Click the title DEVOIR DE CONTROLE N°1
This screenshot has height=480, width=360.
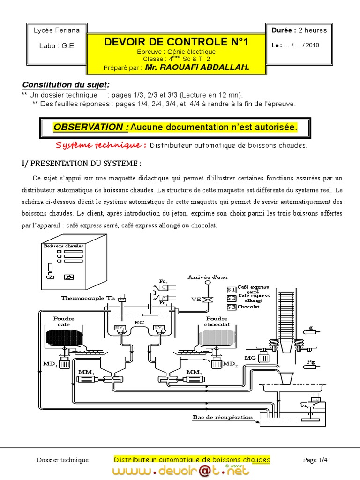pyautogui.click(x=176, y=42)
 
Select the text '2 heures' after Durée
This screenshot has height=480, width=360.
pyautogui.click(x=313, y=30)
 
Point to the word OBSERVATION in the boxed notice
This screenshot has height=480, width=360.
pyautogui.click(x=91, y=127)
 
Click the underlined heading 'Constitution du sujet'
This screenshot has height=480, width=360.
pyautogui.click(x=65, y=85)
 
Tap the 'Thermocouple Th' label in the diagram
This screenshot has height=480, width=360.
pyautogui.click(x=88, y=298)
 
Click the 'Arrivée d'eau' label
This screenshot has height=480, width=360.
pyautogui.click(x=204, y=277)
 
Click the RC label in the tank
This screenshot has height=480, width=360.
pyautogui.click(x=139, y=322)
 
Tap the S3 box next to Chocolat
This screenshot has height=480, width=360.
pyautogui.click(x=231, y=307)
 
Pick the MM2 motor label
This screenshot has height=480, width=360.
pyautogui.click(x=193, y=372)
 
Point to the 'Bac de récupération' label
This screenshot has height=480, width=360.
pyautogui.click(x=223, y=417)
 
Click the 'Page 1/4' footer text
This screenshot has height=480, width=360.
pyautogui.click(x=315, y=460)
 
